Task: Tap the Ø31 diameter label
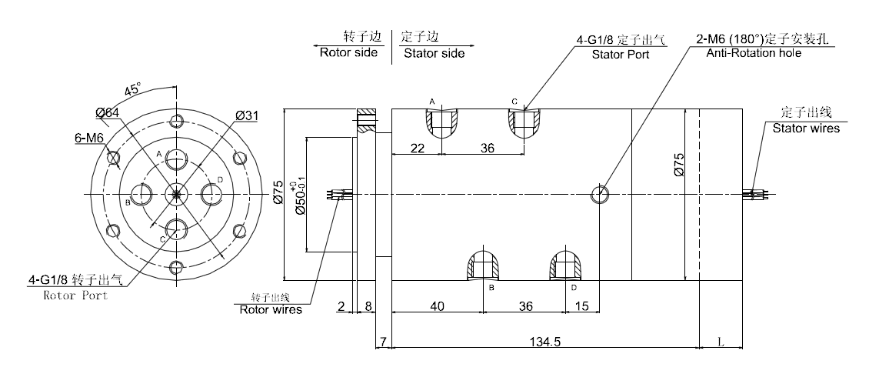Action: [x=247, y=115]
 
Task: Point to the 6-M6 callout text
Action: [x=88, y=138]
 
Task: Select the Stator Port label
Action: [x=620, y=55]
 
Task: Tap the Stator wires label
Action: [x=806, y=129]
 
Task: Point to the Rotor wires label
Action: [x=271, y=310]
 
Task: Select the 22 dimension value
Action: [x=417, y=148]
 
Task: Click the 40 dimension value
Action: [x=437, y=306]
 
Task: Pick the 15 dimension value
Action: [x=583, y=306]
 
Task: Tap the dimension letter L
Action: [x=720, y=339]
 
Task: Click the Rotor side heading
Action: [x=348, y=53]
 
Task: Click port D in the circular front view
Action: [x=211, y=193]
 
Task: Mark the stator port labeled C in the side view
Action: [x=523, y=122]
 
